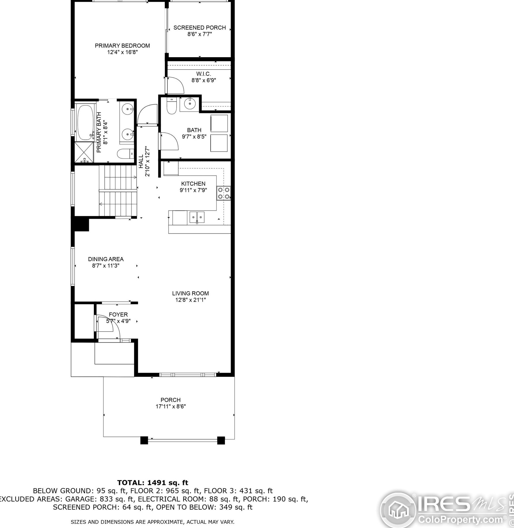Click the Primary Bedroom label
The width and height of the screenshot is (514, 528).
pyautogui.click(x=122, y=46)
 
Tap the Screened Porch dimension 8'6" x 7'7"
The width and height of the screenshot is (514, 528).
pyautogui.click(x=200, y=34)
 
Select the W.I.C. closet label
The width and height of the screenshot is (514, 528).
pyautogui.click(x=204, y=74)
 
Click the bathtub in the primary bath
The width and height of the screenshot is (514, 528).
pyautogui.click(x=85, y=123)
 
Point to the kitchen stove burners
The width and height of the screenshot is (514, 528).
pyautogui.click(x=224, y=193)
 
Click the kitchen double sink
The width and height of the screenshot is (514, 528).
pyautogui.click(x=197, y=217)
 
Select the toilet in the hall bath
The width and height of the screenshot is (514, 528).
pyautogui.click(x=171, y=106)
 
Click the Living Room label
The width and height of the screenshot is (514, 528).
pyautogui.click(x=190, y=293)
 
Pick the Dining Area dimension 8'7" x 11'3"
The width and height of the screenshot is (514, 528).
pyautogui.click(x=106, y=266)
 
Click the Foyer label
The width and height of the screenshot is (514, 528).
pyautogui.click(x=118, y=315)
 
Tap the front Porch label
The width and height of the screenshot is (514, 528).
pyautogui.click(x=171, y=400)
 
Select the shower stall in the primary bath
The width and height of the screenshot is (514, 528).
pyautogui.click(x=84, y=153)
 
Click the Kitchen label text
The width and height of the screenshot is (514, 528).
pyautogui.click(x=193, y=184)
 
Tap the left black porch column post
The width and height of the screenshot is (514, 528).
pyautogui.click(x=144, y=440)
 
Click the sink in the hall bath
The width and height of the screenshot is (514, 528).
pyautogui.click(x=190, y=104)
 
